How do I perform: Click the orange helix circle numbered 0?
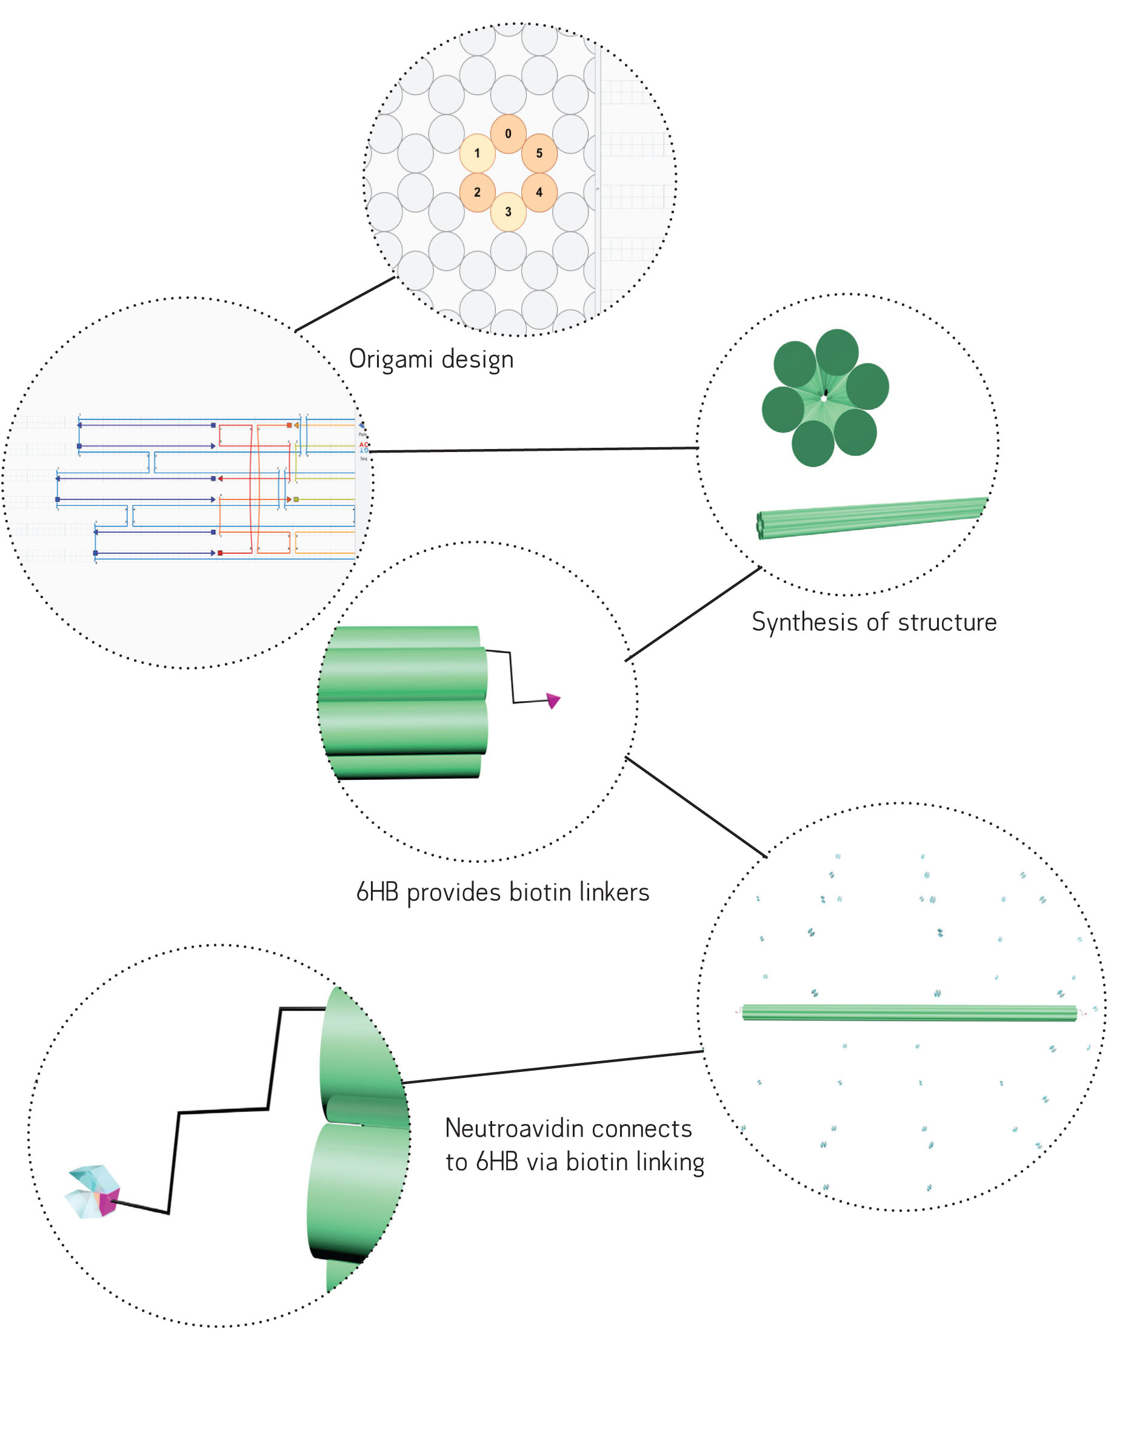(x=508, y=133)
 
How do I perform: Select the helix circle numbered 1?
(x=477, y=153)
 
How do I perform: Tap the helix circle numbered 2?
(x=477, y=192)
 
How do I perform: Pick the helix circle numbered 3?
(x=508, y=211)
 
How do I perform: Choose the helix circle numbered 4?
(x=539, y=192)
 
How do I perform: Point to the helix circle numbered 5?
(x=539, y=153)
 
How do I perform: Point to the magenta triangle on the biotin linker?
(x=553, y=700)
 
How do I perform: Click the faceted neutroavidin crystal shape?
(x=93, y=1192)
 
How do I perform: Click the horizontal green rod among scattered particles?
(x=909, y=1013)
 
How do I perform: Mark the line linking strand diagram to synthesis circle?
(x=533, y=450)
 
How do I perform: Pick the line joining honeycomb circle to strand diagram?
(x=345, y=304)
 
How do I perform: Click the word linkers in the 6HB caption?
(x=614, y=893)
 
